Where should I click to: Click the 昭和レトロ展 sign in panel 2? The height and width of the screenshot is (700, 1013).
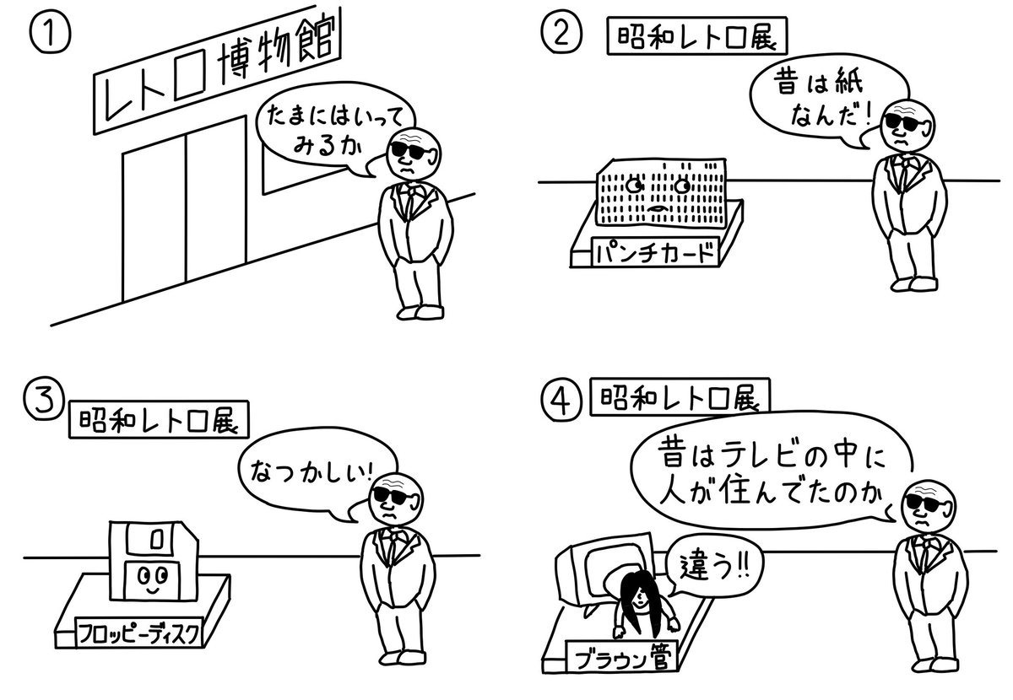coord(696,39)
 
